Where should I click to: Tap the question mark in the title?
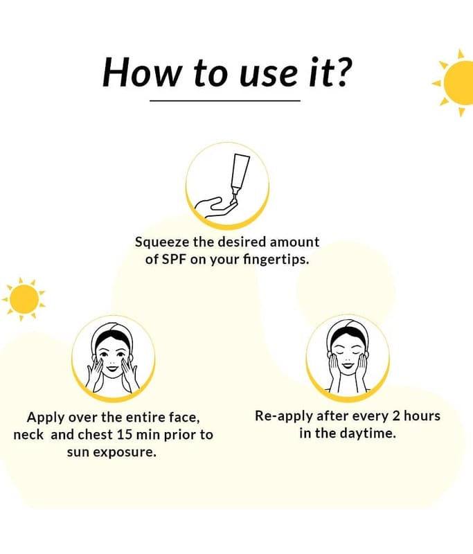(x=342, y=72)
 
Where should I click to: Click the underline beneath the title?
(x=225, y=100)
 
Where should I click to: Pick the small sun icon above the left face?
(x=24, y=299)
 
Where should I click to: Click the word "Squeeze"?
(x=163, y=243)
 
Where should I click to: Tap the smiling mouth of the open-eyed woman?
(x=113, y=368)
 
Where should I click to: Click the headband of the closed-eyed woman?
(x=348, y=335)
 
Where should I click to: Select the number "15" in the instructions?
(x=125, y=435)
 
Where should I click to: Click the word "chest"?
(x=95, y=435)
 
